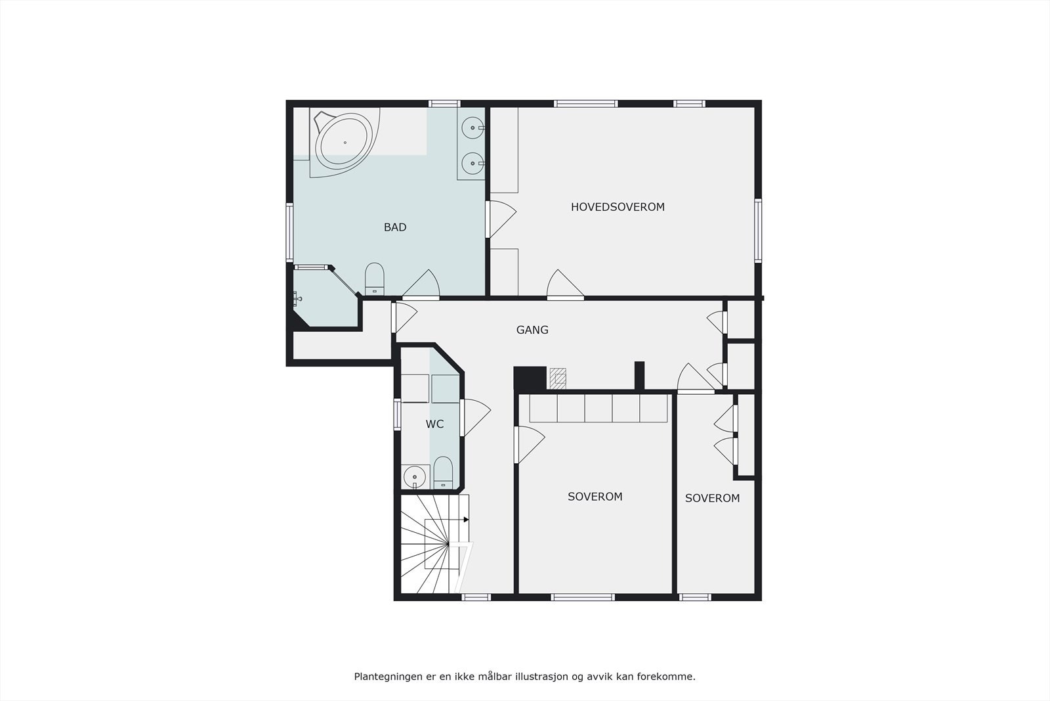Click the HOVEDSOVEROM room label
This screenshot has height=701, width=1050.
pyautogui.click(x=618, y=207)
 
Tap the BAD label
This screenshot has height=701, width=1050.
pyautogui.click(x=395, y=227)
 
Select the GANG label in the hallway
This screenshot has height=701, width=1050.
pyautogui.click(x=532, y=330)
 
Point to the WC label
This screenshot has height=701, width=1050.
pyautogui.click(x=434, y=424)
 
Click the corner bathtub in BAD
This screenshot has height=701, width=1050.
pyautogui.click(x=343, y=141)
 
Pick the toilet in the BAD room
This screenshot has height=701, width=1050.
pyautogui.click(x=374, y=279)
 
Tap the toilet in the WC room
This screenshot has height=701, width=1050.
pyautogui.click(x=444, y=472)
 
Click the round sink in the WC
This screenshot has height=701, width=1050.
pyautogui.click(x=414, y=476)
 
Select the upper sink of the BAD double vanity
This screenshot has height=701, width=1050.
pyautogui.click(x=472, y=127)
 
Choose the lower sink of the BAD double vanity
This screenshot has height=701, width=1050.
pyautogui.click(x=472, y=162)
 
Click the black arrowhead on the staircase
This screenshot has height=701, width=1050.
pyautogui.click(x=466, y=520)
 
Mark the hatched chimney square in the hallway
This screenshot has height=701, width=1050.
pyautogui.click(x=558, y=378)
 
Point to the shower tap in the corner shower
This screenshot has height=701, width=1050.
pyautogui.click(x=298, y=300)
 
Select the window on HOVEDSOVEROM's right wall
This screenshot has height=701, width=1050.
pyautogui.click(x=758, y=230)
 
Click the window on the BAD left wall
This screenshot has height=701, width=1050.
pyautogui.click(x=289, y=233)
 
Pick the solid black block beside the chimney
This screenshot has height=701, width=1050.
pyautogui.click(x=530, y=378)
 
